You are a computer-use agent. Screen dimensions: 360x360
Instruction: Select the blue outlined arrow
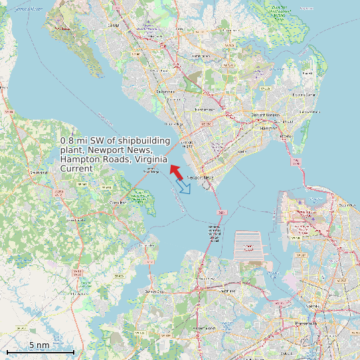(184, 187)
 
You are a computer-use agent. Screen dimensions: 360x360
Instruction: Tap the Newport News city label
(201, 178)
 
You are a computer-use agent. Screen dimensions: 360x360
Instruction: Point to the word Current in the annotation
(76, 169)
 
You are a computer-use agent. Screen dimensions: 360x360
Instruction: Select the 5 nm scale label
(39, 345)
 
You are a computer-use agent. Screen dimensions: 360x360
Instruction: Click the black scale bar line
(40, 351)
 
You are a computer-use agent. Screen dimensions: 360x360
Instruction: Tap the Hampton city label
(268, 128)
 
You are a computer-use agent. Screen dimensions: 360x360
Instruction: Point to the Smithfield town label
(39, 173)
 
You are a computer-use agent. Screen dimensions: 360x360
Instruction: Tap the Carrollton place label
(118, 202)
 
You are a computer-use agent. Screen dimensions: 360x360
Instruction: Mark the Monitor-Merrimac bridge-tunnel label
(215, 232)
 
